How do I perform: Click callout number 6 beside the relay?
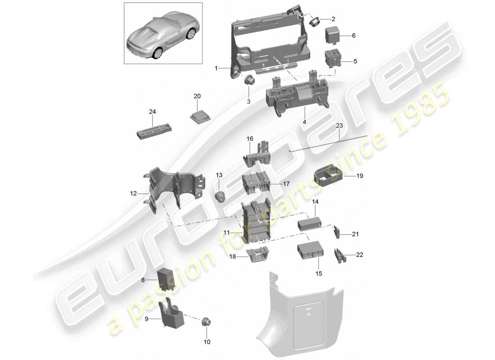click(353, 36)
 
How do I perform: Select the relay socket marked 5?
click(333, 59)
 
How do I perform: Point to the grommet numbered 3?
click(249, 81)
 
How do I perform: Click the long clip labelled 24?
click(153, 133)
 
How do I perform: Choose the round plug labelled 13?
click(220, 196)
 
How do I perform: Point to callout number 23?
click(339, 126)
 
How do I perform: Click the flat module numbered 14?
click(310, 223)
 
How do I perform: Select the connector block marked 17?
click(256, 183)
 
